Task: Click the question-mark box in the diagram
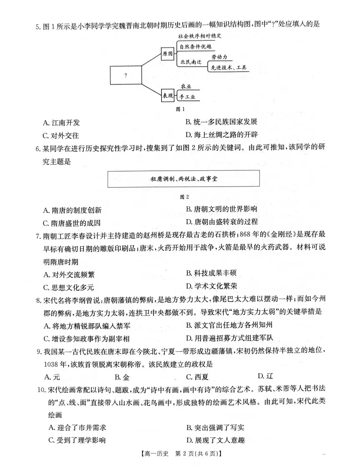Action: tap(126, 75)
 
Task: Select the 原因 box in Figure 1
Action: tap(167, 54)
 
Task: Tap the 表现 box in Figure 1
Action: tap(167, 95)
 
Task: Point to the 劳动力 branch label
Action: tap(219, 57)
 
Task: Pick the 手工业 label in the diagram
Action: tap(187, 97)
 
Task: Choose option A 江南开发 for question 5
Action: tap(61, 122)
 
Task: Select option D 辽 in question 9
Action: tap(265, 376)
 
